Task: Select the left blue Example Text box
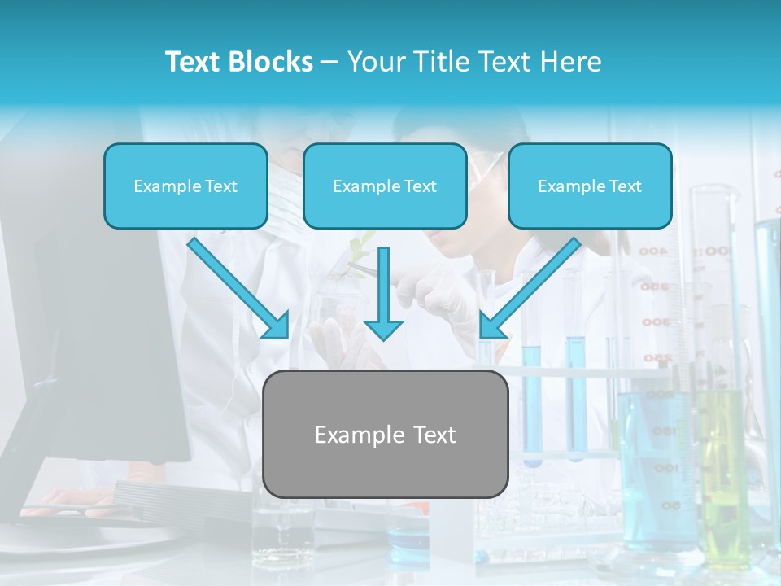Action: click(185, 186)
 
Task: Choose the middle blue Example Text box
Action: click(385, 186)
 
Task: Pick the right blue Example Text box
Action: click(590, 186)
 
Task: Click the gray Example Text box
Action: click(386, 434)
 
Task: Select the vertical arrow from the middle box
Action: click(383, 285)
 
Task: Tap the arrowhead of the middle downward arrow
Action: click(383, 328)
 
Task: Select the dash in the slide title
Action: click(329, 62)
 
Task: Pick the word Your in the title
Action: click(376, 62)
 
